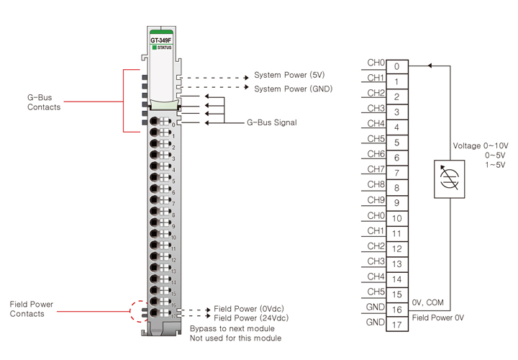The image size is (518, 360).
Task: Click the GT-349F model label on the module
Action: point(160,40)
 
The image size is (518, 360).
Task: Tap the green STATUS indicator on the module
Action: point(154,48)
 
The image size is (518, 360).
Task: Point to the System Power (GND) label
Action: point(294,89)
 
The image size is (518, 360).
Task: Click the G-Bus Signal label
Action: point(272,123)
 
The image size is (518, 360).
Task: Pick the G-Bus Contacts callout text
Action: point(44,102)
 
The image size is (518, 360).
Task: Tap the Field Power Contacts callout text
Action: point(32,309)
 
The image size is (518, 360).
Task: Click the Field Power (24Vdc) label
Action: point(253,318)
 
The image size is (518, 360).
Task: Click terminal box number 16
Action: point(396,310)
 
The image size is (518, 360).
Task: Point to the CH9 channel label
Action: point(376,199)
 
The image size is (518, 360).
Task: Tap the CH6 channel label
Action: point(376,154)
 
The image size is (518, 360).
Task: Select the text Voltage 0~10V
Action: point(480,145)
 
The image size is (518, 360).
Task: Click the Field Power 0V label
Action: point(438,318)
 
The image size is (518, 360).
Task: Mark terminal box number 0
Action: point(396,66)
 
